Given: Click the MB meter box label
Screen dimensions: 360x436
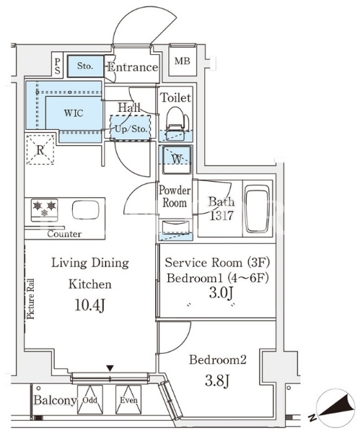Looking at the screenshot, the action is coord(183,61).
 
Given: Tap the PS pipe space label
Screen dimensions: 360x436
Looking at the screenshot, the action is coord(57,66).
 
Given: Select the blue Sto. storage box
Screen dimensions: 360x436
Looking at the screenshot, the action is coord(85,66).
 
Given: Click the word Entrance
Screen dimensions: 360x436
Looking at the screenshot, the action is coord(133,67).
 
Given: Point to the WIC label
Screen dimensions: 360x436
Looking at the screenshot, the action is coord(74,113).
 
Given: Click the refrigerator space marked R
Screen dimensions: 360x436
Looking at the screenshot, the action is coord(40,149).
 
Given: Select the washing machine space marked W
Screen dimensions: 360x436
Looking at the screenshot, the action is coord(176,160).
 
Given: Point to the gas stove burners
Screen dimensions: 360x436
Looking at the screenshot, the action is coord(45,210).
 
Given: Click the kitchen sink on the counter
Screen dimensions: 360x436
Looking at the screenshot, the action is coord(86,210).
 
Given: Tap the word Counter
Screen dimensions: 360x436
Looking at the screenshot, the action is coord(64,234).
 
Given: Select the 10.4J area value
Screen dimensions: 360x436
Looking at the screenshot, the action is coord(89,305).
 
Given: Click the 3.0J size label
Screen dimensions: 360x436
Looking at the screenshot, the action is coord(221,292).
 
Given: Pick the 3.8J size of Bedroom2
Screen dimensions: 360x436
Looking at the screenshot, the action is coord(217,380).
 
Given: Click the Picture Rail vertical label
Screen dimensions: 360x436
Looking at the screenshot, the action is coord(30,299).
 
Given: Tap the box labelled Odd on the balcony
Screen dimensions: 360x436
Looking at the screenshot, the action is coord(90,400).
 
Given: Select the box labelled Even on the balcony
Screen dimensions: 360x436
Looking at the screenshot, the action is coord(128,400).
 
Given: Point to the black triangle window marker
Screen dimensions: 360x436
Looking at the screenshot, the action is coord(110,368).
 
